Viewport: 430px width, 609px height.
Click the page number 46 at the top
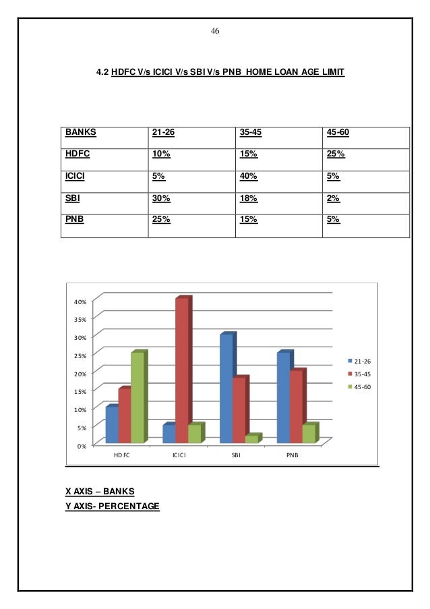click(x=216, y=32)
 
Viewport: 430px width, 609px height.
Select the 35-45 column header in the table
click(x=253, y=132)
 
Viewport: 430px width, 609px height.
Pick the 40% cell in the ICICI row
click(x=249, y=177)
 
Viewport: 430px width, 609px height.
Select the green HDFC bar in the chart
click(x=137, y=397)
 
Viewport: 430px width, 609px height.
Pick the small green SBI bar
click(x=251, y=438)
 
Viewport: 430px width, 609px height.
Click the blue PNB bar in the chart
click(x=283, y=397)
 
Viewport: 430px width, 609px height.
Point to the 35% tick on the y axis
click(x=80, y=318)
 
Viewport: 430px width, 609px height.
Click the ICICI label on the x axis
click(x=179, y=455)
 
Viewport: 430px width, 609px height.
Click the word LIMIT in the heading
click(x=330, y=88)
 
